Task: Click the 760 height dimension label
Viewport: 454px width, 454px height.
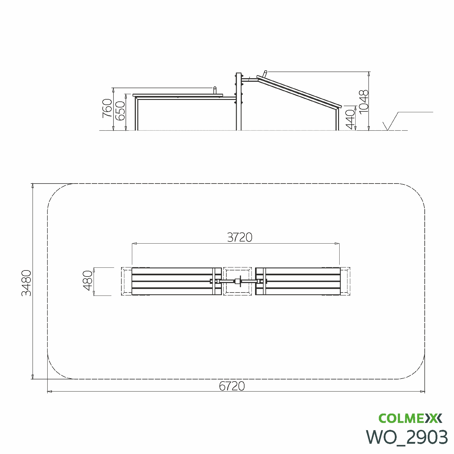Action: pyautogui.click(x=107, y=108)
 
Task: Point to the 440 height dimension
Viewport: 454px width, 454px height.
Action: pyautogui.click(x=350, y=120)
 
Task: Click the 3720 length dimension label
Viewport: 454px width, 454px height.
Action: pyautogui.click(x=240, y=238)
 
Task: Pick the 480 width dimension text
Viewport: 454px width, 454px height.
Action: pyautogui.click(x=88, y=280)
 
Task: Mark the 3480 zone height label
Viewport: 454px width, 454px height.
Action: pyautogui.click(x=26, y=283)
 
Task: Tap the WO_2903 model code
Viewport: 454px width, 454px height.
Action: pyautogui.click(x=407, y=437)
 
